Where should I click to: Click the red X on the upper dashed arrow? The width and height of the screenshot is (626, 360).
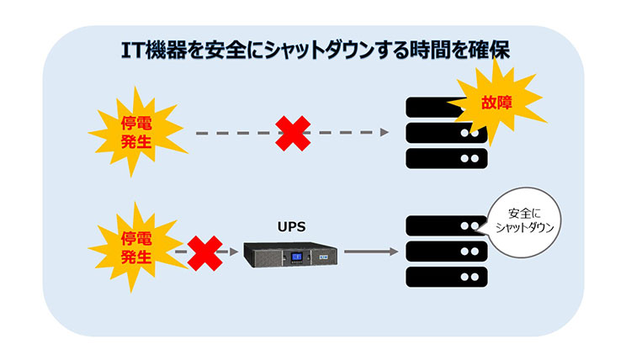293,133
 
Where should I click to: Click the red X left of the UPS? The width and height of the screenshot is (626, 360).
204,253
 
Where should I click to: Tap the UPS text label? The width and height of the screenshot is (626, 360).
291,227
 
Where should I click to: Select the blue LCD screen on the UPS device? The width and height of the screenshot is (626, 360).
296,257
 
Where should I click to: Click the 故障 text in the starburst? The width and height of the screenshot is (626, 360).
496,103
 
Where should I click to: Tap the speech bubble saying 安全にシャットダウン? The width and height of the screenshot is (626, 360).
524,223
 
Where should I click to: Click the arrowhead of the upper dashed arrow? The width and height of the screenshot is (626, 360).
385,133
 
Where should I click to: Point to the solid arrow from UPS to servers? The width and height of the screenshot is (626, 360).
371,251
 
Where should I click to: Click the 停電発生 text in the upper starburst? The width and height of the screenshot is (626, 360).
136,133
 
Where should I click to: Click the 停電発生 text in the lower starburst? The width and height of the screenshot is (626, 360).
136,248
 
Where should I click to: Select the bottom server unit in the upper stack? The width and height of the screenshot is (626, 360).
447,158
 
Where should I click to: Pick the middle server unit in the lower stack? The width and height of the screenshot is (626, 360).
447,251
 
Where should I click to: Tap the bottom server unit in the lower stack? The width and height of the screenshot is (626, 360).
447,277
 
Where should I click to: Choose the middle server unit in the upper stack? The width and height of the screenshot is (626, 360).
447,133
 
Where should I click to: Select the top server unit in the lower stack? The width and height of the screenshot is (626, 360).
446,226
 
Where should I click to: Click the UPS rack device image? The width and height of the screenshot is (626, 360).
290,255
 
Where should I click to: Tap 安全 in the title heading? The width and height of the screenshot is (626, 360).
224,51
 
